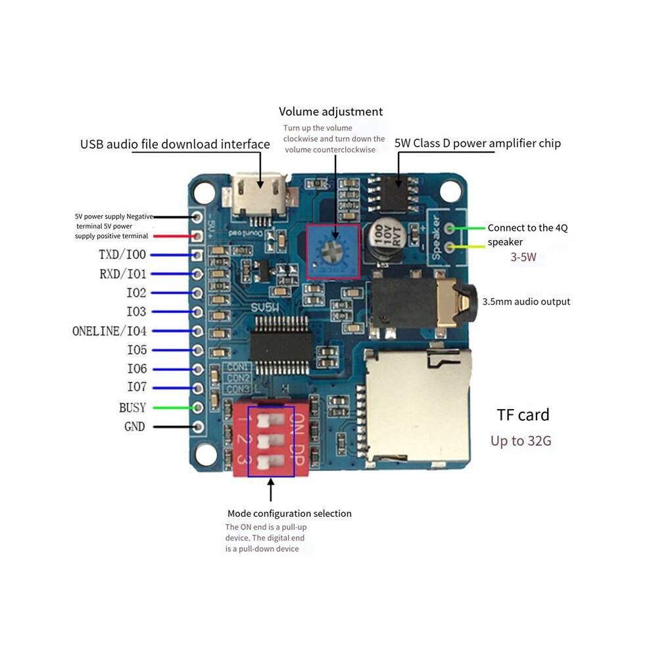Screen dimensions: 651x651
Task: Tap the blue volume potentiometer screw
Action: click(333, 251)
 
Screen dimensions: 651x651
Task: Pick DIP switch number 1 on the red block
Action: click(270, 420)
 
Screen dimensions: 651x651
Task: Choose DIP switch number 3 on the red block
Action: click(270, 461)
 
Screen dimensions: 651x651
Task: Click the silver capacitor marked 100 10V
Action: click(385, 241)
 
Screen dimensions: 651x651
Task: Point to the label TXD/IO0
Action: click(122, 254)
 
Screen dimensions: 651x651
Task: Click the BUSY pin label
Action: click(132, 408)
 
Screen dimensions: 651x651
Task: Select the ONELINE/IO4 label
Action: click(109, 331)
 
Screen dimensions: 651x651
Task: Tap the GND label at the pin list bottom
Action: click(135, 426)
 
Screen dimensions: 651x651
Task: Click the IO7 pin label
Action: click(137, 387)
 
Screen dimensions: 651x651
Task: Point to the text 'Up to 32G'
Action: click(521, 441)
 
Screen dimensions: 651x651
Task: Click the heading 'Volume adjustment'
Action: click(331, 112)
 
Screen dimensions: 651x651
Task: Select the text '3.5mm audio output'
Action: click(526, 301)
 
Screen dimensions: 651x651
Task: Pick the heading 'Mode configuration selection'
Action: click(289, 514)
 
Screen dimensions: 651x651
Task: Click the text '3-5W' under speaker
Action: click(523, 257)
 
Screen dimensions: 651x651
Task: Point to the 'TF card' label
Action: click(523, 415)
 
